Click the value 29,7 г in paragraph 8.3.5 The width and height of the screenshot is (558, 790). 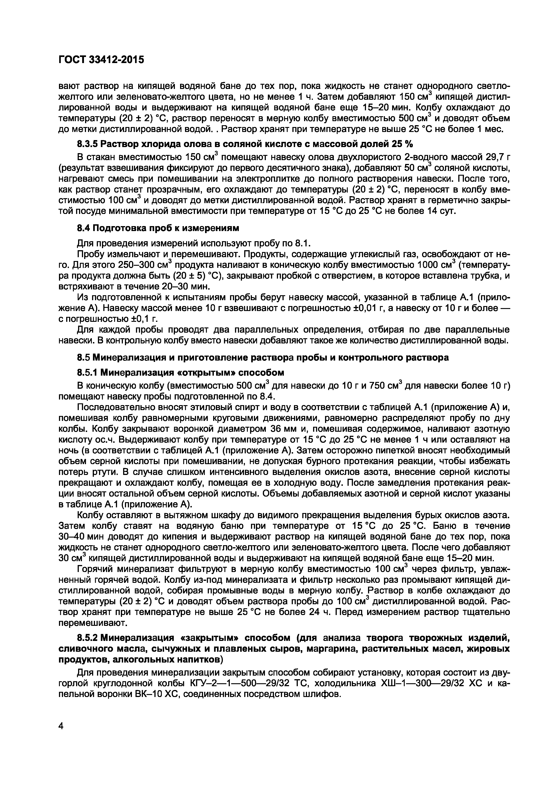tap(494, 157)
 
